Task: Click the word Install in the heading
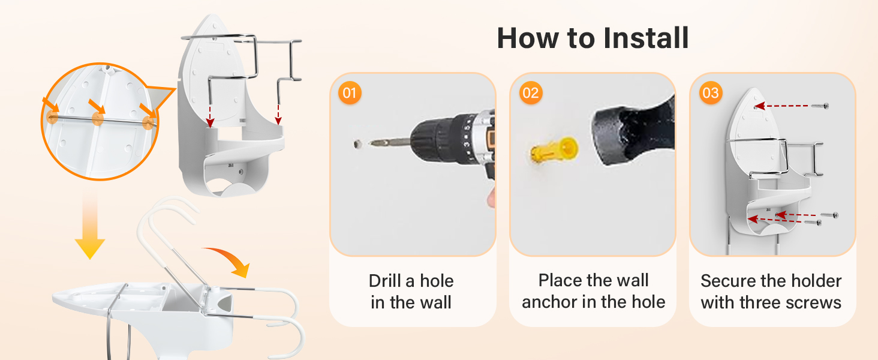(x=646, y=38)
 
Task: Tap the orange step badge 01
(x=350, y=93)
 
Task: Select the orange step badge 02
(x=531, y=93)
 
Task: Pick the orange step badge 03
(x=711, y=93)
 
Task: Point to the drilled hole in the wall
(x=356, y=144)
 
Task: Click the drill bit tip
(x=372, y=143)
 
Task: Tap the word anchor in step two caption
(x=549, y=302)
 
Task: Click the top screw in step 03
(x=820, y=106)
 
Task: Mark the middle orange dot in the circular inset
(x=98, y=118)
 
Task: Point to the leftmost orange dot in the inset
(x=52, y=117)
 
